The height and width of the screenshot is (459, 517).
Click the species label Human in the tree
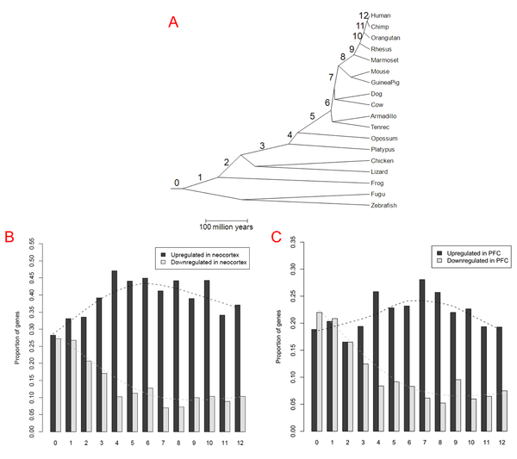pyautogui.click(x=381, y=16)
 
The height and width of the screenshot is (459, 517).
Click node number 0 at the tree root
pyautogui.click(x=176, y=183)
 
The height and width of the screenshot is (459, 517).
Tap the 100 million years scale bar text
pyautogui.click(x=227, y=227)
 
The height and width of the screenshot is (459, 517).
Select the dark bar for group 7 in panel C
pyautogui.click(x=422, y=355)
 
